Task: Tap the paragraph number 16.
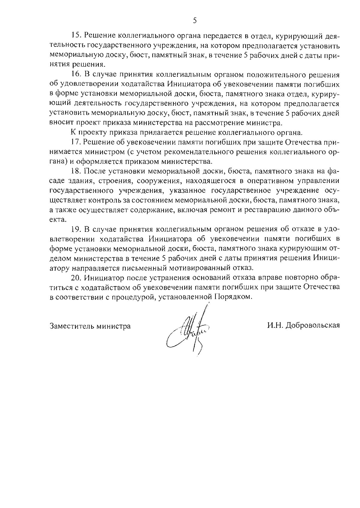tap(76, 75)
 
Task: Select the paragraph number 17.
tap(76, 142)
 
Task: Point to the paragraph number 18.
tap(76, 172)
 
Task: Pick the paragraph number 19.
tap(76, 229)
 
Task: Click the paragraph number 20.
tap(76, 277)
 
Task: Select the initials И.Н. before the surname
tap(276, 326)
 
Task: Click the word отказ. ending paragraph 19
tap(245, 268)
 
